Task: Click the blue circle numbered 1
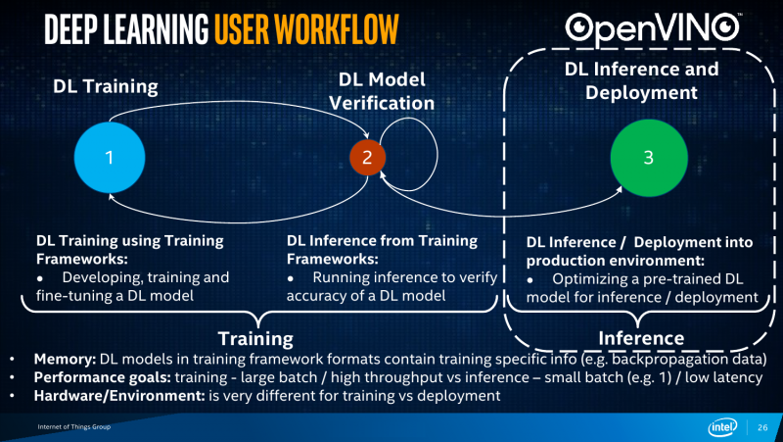[x=110, y=158]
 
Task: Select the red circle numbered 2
[x=367, y=158]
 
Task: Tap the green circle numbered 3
[x=649, y=158]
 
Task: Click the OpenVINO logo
[x=653, y=28]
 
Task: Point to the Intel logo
[x=722, y=427]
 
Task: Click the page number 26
[x=762, y=427]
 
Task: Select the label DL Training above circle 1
[x=106, y=86]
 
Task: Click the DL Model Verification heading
[x=382, y=91]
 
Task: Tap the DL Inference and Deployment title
[x=641, y=80]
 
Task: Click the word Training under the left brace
[x=255, y=339]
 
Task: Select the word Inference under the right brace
[x=641, y=338]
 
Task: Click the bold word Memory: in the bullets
[x=65, y=360]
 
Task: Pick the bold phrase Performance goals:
[x=103, y=377]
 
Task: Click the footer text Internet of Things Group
[x=74, y=427]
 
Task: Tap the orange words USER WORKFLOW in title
[x=306, y=29]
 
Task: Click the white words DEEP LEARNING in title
[x=126, y=29]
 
